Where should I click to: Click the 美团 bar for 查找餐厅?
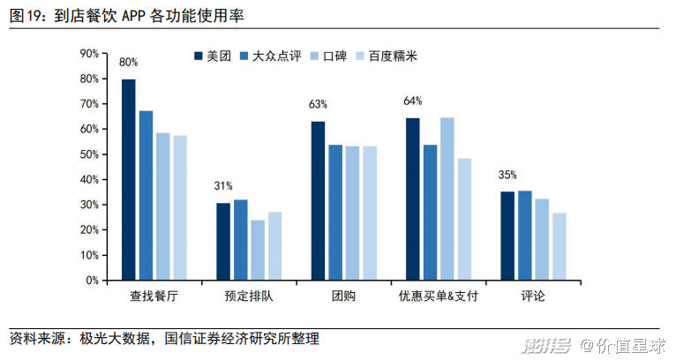[x=129, y=179]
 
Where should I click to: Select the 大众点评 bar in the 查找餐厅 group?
[x=146, y=195]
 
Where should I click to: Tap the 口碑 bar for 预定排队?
[x=258, y=250]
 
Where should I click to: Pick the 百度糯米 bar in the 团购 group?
[x=370, y=213]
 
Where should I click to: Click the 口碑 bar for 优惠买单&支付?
[x=447, y=199]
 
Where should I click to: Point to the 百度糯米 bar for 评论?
[x=560, y=246]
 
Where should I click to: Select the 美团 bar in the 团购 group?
[x=318, y=200]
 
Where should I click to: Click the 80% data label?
[x=129, y=63]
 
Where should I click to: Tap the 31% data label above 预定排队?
[x=223, y=186]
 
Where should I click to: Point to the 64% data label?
[x=413, y=101]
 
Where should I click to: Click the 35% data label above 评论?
[x=507, y=175]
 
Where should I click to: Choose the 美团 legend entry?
[x=211, y=56]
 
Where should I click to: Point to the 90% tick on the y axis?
[x=87, y=53]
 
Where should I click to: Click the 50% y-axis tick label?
[x=87, y=154]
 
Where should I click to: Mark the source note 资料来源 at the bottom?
[x=164, y=339]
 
